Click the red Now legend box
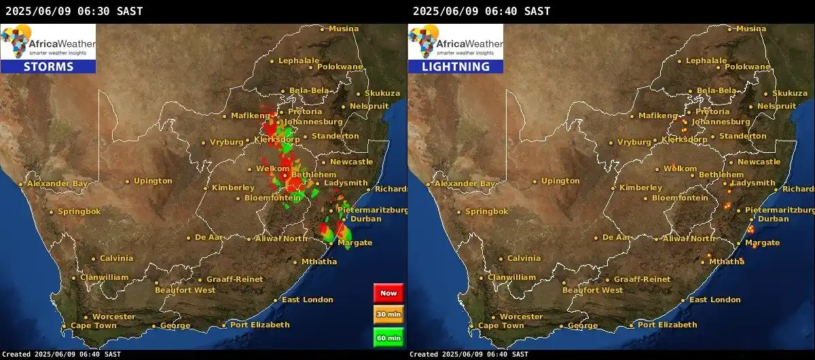pyautogui.click(x=388, y=293)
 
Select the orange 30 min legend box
pyautogui.click(x=388, y=314)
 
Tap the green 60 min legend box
pyautogui.click(x=388, y=337)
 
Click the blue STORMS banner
pyautogui.click(x=48, y=67)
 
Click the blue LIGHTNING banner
pyautogui.click(x=455, y=67)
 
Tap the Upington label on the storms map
pyautogui.click(x=153, y=181)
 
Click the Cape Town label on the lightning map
pyautogui.click(x=501, y=325)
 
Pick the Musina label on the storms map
pyautogui.click(x=344, y=29)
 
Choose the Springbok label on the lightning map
pyautogui.click(x=486, y=211)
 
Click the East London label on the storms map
pyautogui.click(x=308, y=300)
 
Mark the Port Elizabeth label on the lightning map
pyautogui.click(x=667, y=325)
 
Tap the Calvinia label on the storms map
pyautogui.click(x=116, y=258)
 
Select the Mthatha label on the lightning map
pyautogui.click(x=726, y=262)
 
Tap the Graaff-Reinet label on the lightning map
pyautogui.click(x=642, y=279)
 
